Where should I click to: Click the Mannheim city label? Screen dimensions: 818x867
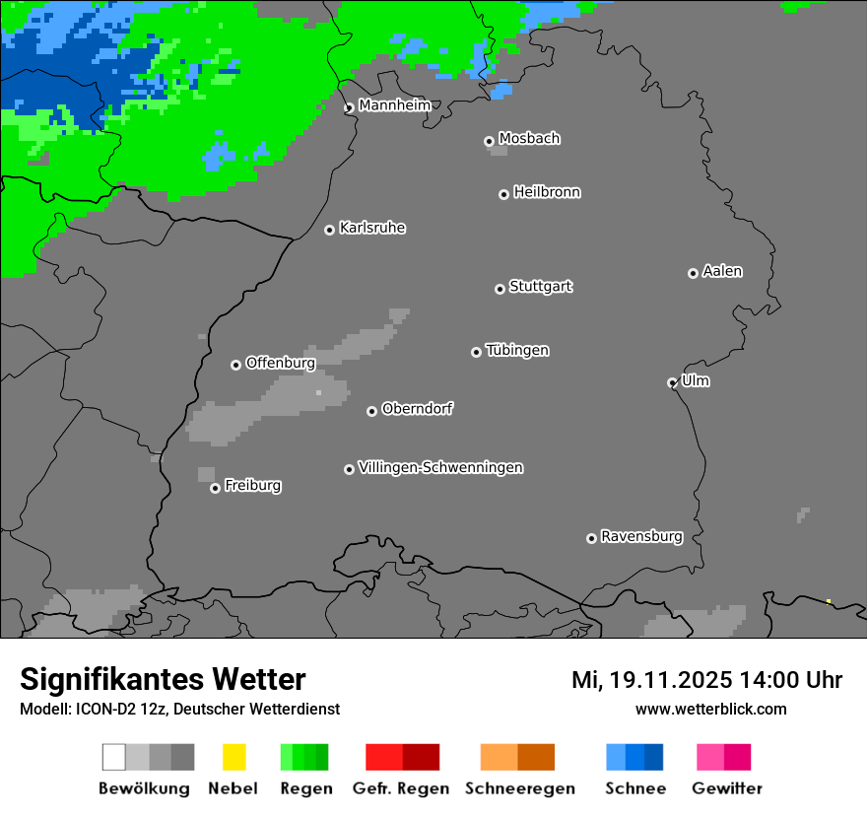tap(394, 105)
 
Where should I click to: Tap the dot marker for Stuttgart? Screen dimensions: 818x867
tap(500, 289)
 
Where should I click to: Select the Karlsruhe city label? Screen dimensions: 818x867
tap(371, 228)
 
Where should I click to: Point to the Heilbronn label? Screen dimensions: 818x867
tap(547, 192)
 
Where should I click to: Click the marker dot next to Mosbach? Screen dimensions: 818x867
tap(489, 141)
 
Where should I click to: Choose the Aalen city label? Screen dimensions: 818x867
tap(722, 271)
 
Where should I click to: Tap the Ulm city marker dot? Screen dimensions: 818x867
tap(672, 382)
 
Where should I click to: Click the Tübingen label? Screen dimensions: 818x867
tap(517, 350)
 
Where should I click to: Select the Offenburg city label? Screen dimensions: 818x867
tap(280, 363)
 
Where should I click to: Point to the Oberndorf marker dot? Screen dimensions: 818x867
tap(371, 411)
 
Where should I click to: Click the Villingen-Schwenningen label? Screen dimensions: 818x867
tap(440, 467)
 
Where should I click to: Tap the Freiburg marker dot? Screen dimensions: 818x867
tap(215, 488)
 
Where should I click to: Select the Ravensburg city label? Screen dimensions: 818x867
tap(641, 536)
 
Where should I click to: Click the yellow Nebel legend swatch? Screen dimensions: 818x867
tap(233, 757)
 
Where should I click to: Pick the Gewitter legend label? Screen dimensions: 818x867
tap(727, 788)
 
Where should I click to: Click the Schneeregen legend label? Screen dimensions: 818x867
tap(520, 788)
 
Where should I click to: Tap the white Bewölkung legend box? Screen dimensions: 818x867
tap(113, 757)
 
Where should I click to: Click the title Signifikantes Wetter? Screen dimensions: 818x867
tap(163, 679)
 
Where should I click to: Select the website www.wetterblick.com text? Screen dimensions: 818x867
tap(710, 709)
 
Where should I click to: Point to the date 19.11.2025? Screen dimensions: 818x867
tap(670, 680)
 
